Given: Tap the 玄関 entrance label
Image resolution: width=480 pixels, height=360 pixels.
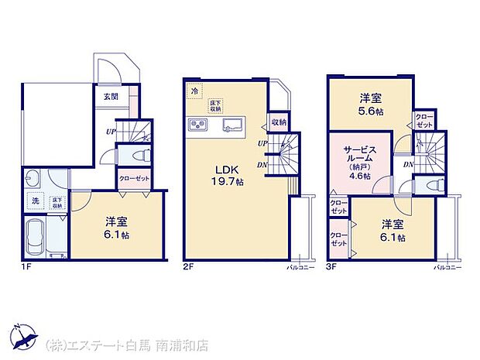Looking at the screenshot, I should (110, 98).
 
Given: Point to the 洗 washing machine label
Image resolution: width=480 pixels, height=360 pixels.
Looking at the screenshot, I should (35, 201).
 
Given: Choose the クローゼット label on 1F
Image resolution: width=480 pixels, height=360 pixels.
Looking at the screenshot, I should (134, 179).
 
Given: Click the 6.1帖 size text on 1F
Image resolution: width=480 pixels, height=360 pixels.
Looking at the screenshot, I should (118, 234).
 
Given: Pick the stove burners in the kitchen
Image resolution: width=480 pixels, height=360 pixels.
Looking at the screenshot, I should (197, 125).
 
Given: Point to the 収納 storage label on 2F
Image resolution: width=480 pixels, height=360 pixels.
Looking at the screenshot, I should (279, 122).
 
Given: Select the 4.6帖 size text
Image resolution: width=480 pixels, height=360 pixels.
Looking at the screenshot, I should (360, 176).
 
